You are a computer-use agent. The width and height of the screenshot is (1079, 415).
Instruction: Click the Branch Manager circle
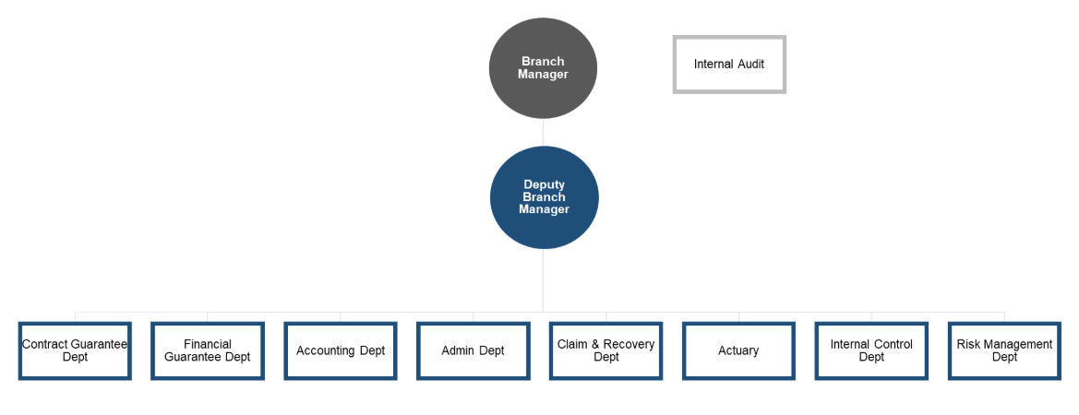[543, 68]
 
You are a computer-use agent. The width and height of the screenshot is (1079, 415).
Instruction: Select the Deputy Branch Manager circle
[544, 197]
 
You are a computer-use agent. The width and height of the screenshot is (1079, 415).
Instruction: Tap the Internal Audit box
[729, 65]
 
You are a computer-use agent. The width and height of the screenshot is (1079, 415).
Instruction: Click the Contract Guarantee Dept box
[75, 350]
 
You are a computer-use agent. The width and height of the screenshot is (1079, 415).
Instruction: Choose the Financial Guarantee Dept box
[208, 350]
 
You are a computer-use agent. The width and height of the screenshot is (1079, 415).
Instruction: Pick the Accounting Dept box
[341, 350]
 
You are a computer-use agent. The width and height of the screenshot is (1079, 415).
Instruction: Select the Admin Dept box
[474, 350]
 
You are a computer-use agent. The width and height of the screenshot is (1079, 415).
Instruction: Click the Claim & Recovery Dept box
[606, 350]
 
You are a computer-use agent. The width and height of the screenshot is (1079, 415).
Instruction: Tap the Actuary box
[738, 350]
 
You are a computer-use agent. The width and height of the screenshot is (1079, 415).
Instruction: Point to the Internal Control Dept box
[871, 350]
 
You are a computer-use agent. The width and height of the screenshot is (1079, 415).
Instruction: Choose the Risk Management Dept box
[1004, 350]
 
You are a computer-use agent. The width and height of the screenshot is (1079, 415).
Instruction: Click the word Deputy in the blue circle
[544, 185]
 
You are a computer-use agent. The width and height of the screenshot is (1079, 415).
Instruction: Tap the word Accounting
[326, 350]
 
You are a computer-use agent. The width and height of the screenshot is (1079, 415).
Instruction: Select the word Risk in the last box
[968, 344]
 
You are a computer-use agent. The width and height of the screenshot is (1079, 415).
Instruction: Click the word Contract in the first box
[45, 344]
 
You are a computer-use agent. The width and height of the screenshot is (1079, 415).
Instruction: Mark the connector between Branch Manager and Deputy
[543, 132]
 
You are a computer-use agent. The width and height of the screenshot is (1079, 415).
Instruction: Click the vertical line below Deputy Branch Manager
[543, 280]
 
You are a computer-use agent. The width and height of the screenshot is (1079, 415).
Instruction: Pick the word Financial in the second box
[208, 344]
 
